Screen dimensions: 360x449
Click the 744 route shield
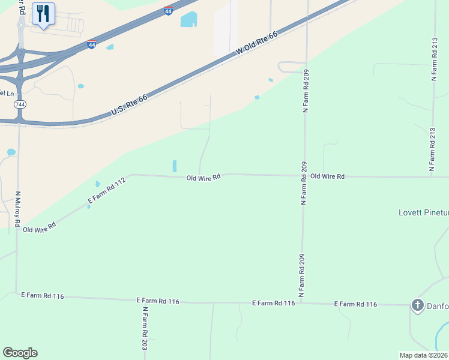coord(20,104)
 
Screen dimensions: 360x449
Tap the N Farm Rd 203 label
coord(145,328)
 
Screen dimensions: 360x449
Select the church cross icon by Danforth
coord(417,305)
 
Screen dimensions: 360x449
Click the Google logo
coord(20,353)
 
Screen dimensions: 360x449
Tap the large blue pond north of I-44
coord(188,20)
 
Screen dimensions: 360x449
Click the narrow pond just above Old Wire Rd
coord(175,166)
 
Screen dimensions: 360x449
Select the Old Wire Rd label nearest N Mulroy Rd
coord(39,227)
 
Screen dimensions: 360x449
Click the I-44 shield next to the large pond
coord(169,11)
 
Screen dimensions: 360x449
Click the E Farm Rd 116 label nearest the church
coord(355,305)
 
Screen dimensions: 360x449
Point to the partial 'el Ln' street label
coord(7,93)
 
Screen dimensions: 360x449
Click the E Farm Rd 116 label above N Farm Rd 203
coord(158,300)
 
